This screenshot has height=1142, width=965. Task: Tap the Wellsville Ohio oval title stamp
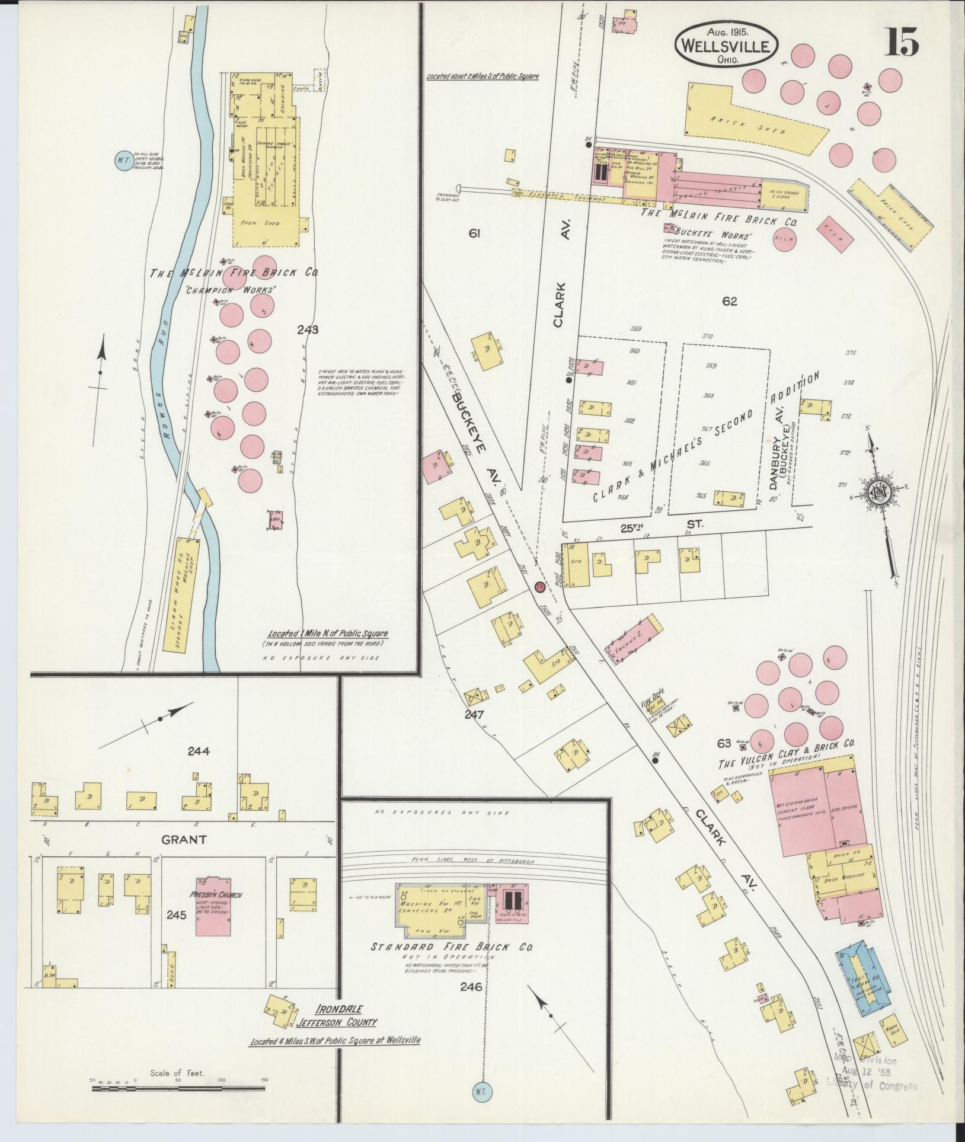[x=726, y=46]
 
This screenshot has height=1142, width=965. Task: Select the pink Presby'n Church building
[x=213, y=914]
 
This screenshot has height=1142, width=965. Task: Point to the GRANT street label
[x=184, y=839]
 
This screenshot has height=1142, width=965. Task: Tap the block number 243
[x=308, y=330]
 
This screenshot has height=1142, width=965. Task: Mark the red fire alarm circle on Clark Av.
[x=540, y=587]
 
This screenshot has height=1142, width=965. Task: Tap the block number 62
[x=729, y=301]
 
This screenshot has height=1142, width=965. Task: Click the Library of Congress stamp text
[x=871, y=1086]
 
